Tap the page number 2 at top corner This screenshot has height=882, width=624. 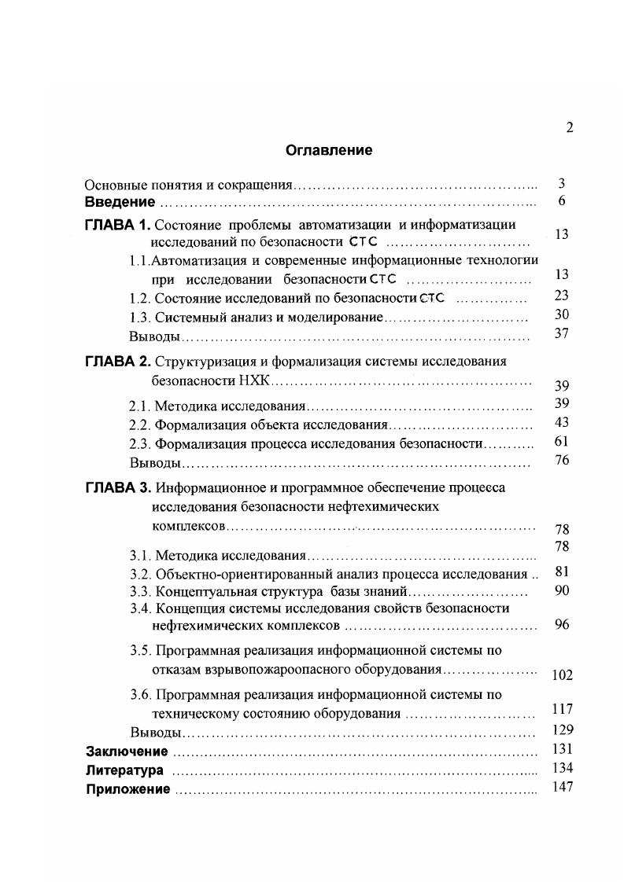(569, 129)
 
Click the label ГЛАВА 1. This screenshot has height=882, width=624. (116, 226)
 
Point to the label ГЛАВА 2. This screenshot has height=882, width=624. (116, 362)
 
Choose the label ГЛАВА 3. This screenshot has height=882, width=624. (116, 487)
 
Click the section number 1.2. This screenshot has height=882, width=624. (139, 298)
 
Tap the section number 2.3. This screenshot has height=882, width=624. (139, 444)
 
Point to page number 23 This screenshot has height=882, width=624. (561, 296)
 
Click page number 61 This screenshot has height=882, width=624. (561, 442)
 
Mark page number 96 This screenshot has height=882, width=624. (561, 626)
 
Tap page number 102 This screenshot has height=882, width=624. (562, 674)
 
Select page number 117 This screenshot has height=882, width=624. (562, 710)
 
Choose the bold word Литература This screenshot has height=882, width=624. (125, 770)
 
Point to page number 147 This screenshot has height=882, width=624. (562, 787)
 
